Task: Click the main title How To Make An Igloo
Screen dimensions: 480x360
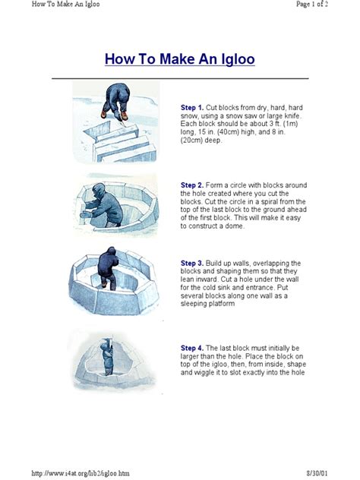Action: tap(179, 58)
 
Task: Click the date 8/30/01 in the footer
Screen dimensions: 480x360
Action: tap(339, 472)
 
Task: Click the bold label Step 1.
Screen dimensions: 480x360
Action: tap(192, 109)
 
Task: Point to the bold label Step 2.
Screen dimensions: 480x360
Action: tap(192, 185)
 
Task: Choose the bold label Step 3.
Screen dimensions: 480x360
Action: tap(192, 261)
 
